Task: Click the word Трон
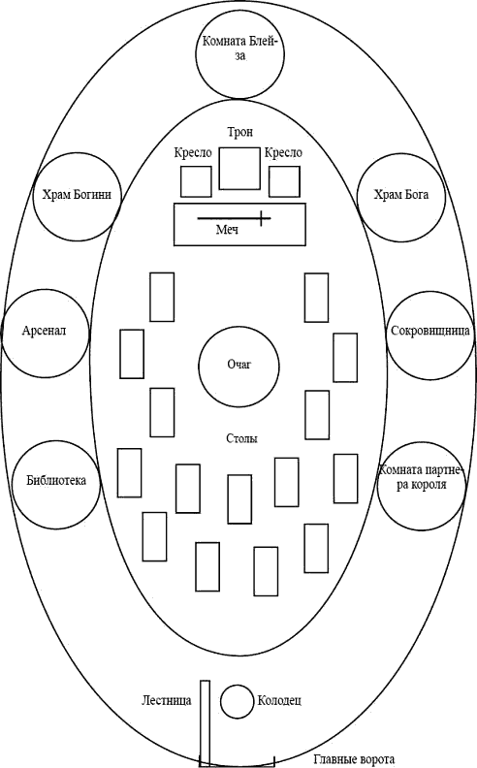coord(240,132)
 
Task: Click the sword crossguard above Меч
coord(263,218)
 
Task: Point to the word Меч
coord(227,229)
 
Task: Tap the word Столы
coord(242,438)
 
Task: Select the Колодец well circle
coord(236,685)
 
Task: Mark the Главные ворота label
coord(354,759)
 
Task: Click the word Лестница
coord(167,700)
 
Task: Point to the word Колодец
coord(279,700)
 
